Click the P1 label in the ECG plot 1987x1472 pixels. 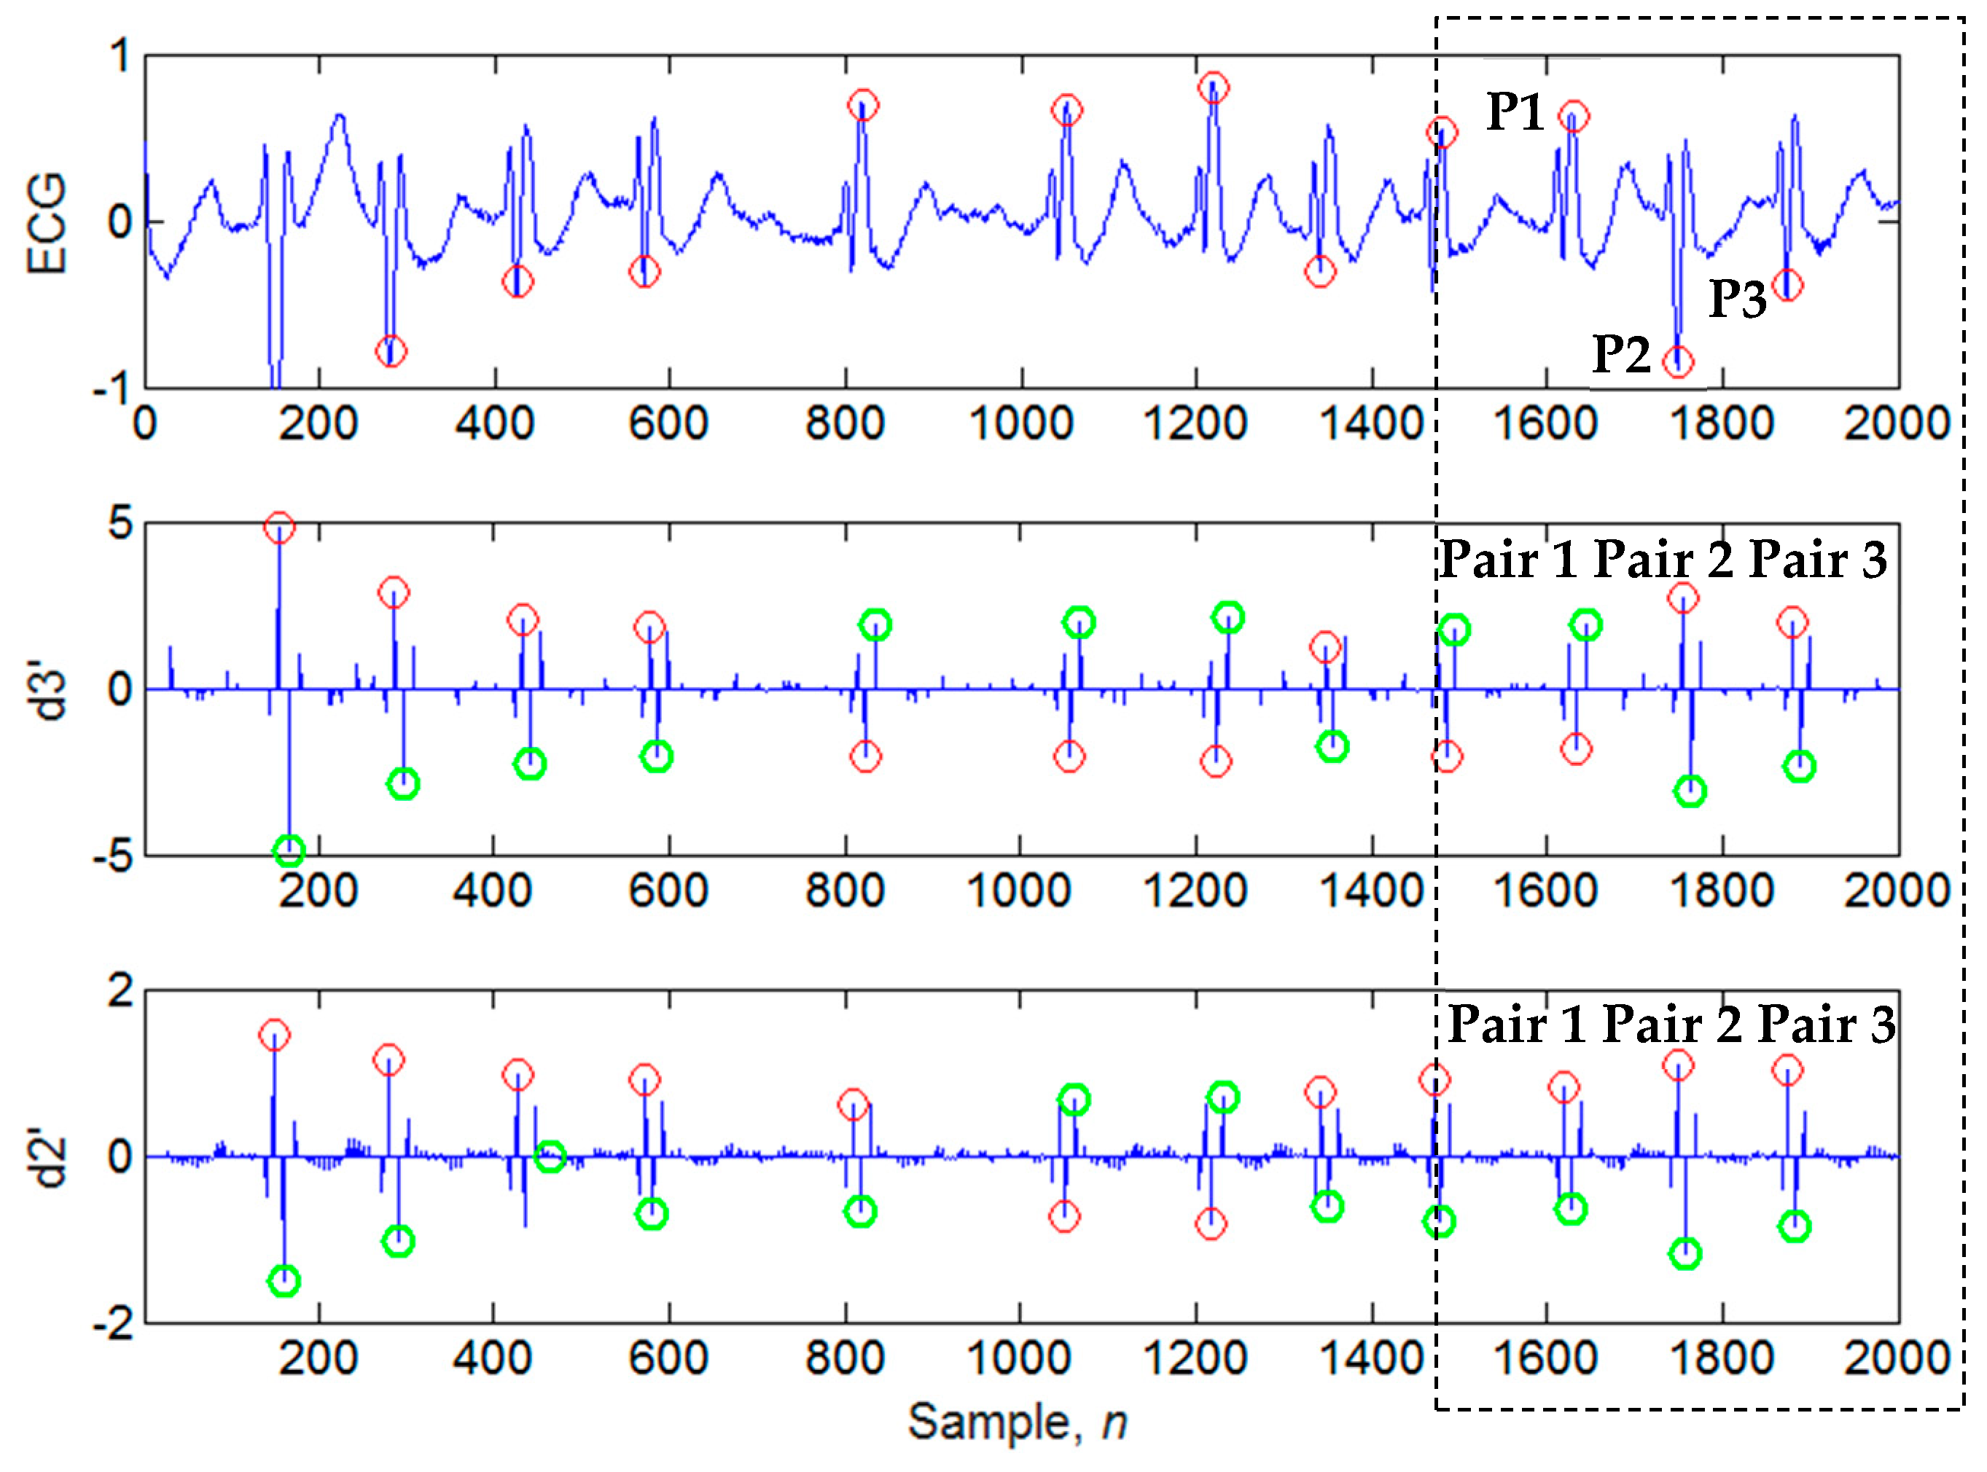point(1514,113)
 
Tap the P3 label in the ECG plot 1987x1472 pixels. point(1736,299)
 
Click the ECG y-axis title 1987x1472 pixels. point(47,223)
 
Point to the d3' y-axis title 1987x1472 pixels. point(51,688)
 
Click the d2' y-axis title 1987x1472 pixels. point(51,1156)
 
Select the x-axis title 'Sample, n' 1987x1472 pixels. point(1017,1420)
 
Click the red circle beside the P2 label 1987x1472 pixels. point(1678,361)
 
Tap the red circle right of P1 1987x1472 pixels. point(1574,116)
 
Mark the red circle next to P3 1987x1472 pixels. point(1787,285)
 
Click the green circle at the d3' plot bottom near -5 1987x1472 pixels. point(289,851)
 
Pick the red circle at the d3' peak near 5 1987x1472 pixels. point(279,527)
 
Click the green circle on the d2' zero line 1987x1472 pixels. point(550,1156)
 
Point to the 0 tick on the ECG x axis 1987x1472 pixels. point(144,423)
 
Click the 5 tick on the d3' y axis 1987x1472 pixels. point(120,523)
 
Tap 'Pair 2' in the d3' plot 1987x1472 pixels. point(1663,560)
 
